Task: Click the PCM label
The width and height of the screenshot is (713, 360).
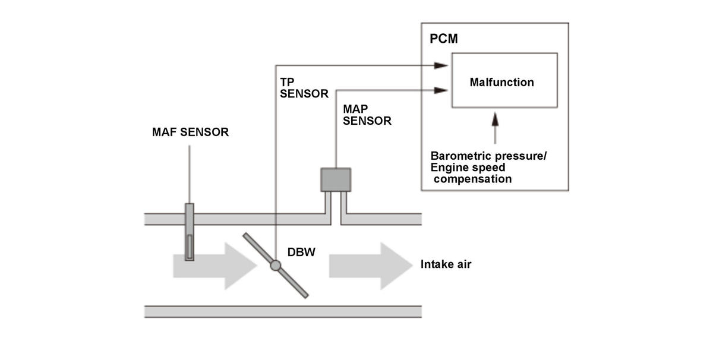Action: [444, 39]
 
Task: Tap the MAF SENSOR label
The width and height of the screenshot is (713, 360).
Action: [190, 132]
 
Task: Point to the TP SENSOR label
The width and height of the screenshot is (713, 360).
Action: [304, 88]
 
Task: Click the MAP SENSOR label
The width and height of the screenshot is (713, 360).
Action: [367, 115]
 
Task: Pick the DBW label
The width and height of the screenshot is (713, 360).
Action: [301, 252]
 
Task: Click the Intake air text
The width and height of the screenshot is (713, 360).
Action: [446, 264]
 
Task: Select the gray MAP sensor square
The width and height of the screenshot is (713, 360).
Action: [336, 180]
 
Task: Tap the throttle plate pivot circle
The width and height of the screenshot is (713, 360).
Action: [275, 265]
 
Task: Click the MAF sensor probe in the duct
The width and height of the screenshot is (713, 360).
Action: [190, 232]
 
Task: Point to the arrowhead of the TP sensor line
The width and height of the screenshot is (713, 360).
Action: [441, 65]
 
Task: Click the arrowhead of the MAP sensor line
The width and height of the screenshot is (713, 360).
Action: [441, 90]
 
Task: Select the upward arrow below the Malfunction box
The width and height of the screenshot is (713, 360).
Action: [495, 128]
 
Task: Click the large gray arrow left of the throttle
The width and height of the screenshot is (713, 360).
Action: [215, 266]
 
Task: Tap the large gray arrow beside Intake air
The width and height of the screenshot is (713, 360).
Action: [371, 266]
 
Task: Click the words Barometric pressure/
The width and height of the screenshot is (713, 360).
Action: [488, 156]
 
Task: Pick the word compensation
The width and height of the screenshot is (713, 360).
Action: [473, 179]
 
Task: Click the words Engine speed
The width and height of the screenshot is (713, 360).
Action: [468, 168]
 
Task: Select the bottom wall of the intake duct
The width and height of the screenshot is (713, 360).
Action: [283, 312]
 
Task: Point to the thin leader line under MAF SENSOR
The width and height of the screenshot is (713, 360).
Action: [190, 175]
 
